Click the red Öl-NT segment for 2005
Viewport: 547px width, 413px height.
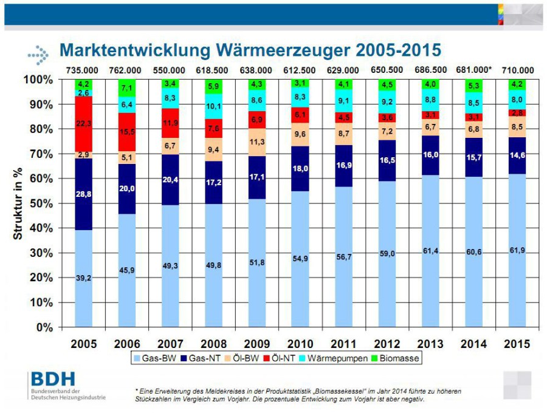[x=84, y=124]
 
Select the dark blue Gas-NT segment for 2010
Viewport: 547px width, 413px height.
[x=300, y=169]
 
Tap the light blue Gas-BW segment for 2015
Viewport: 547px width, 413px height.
[x=517, y=250]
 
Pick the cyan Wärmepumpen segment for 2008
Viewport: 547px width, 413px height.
[x=213, y=106]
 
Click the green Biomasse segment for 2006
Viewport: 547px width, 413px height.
[x=127, y=88]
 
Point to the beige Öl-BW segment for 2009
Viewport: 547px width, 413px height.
[x=257, y=142]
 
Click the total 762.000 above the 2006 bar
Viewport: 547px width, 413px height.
[x=125, y=70]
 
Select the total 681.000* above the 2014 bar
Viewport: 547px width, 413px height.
[x=473, y=70]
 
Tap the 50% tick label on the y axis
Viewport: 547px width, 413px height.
[x=41, y=203]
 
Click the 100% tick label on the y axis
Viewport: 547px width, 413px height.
[x=38, y=80]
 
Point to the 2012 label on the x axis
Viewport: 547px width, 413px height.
[x=387, y=344]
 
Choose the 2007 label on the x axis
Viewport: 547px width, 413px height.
[x=170, y=344]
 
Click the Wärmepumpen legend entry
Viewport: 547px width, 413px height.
[x=333, y=358]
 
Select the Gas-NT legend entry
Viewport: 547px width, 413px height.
[x=201, y=358]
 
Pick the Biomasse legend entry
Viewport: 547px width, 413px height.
[x=395, y=358]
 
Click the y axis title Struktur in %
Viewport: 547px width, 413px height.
[x=18, y=203]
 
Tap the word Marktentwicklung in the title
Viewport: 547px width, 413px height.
[x=135, y=50]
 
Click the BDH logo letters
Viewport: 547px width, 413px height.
[x=53, y=379]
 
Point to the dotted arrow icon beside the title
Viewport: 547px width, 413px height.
[x=38, y=55]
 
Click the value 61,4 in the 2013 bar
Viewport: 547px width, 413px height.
[x=430, y=251]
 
